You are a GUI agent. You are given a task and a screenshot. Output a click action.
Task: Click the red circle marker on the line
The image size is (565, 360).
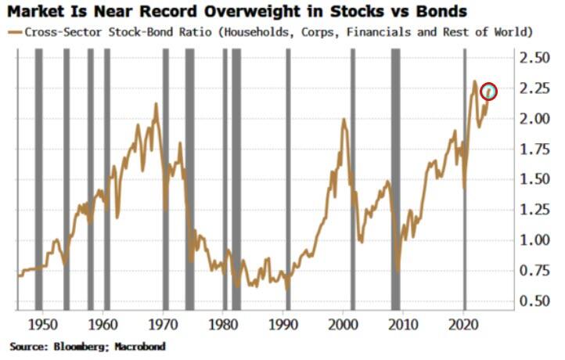point(489,92)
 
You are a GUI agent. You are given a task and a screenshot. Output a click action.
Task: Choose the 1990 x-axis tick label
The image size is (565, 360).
point(284,322)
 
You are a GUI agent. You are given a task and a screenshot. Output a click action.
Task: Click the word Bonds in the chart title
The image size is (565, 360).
point(444,12)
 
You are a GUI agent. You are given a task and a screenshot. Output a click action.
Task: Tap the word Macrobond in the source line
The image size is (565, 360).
point(139,345)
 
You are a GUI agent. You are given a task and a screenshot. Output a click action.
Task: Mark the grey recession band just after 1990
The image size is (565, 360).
point(288,180)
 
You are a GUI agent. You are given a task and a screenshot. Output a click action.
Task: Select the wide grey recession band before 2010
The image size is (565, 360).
point(395,180)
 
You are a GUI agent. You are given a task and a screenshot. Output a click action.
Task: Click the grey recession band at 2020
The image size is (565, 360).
point(465,180)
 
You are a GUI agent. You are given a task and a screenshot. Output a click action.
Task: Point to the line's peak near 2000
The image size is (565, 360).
point(344,119)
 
